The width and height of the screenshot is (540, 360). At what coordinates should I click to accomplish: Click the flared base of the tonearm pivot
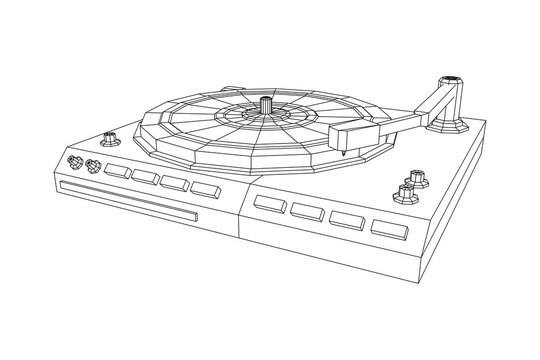(449, 121)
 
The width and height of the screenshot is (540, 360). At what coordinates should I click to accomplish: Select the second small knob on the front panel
(93, 167)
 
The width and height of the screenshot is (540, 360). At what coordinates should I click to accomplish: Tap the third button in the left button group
(174, 183)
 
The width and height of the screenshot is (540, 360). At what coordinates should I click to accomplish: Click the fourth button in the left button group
(204, 187)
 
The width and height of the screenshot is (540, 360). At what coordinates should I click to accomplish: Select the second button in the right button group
(306, 211)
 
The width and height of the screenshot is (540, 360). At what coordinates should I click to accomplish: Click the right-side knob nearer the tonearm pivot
(415, 178)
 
